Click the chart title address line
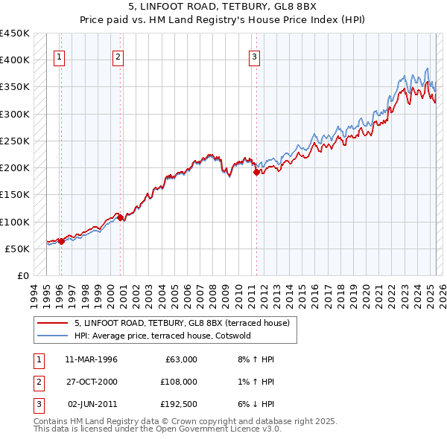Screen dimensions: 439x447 point(223,6)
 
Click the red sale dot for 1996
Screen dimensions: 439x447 point(60,241)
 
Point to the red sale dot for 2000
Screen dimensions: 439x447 point(121,217)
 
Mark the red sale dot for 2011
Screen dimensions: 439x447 point(256,172)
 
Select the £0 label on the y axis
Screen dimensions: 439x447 point(22,275)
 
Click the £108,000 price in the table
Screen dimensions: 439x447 point(178,382)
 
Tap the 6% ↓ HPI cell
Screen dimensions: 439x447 point(256,404)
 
